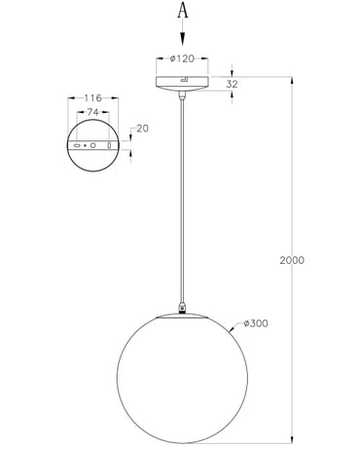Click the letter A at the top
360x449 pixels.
point(181,11)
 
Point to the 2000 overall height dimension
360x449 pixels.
point(291,261)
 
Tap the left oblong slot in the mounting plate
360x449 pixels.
point(76,145)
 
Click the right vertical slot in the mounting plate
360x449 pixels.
point(109,145)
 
